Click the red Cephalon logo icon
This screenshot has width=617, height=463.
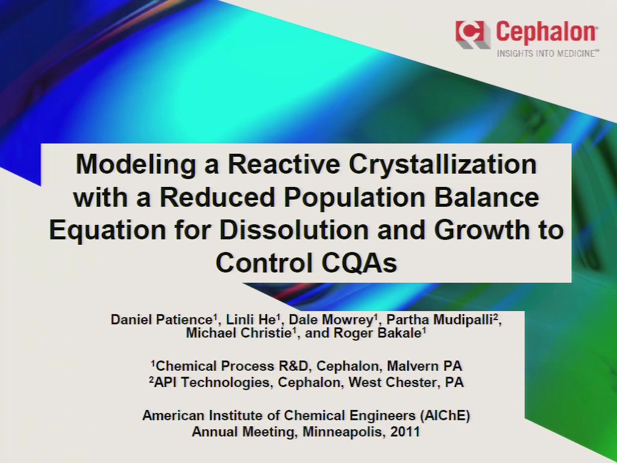[x=472, y=34]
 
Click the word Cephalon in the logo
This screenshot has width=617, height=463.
[x=547, y=33]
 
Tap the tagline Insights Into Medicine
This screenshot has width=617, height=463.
[x=548, y=54]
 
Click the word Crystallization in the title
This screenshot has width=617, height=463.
[x=442, y=165]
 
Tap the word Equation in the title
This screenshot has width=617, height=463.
[x=107, y=231]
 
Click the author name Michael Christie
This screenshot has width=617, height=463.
[x=239, y=333]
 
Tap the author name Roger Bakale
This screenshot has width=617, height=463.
[x=378, y=333]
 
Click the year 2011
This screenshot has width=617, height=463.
[x=405, y=432]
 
